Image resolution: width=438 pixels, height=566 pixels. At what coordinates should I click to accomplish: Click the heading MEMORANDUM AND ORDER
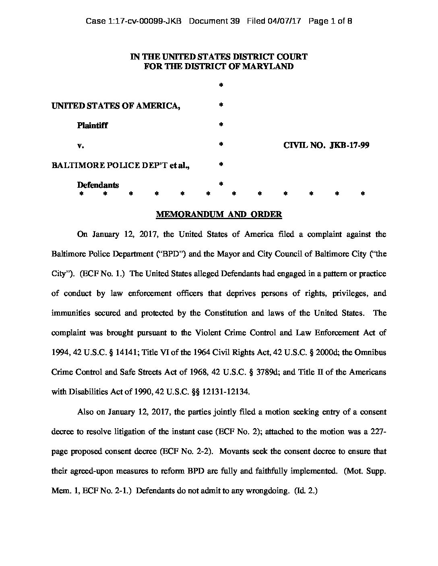(219, 214)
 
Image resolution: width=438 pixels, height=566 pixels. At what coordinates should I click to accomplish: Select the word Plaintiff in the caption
(92, 125)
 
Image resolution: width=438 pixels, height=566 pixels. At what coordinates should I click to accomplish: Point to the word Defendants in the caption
(98, 185)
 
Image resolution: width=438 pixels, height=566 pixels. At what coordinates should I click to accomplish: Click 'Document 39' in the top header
(214, 21)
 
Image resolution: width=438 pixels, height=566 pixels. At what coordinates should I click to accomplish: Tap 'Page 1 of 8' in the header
(330, 21)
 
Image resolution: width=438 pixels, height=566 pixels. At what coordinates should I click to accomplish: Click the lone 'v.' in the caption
(81, 145)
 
